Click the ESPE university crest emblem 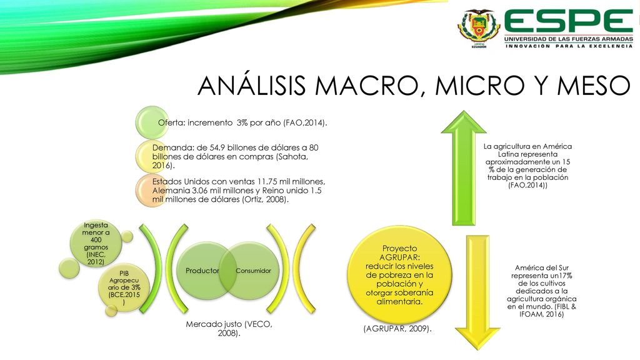click(478, 29)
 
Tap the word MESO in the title click(594, 86)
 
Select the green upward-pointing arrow click(464, 167)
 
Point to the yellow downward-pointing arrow click(477, 292)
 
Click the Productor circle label click(202, 271)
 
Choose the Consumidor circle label click(254, 271)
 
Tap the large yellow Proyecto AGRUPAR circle click(399, 275)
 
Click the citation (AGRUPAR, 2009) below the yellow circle click(397, 329)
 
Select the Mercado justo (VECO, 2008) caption click(229, 329)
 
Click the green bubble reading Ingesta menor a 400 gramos click(96, 243)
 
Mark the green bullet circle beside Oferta click(152, 122)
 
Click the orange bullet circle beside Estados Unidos click(152, 190)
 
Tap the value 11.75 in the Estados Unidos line click(266, 181)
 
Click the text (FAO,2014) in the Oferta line click(305, 122)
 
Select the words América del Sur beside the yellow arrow click(542, 267)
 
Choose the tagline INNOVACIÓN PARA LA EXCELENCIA click(569, 46)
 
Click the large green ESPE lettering click(569, 21)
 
